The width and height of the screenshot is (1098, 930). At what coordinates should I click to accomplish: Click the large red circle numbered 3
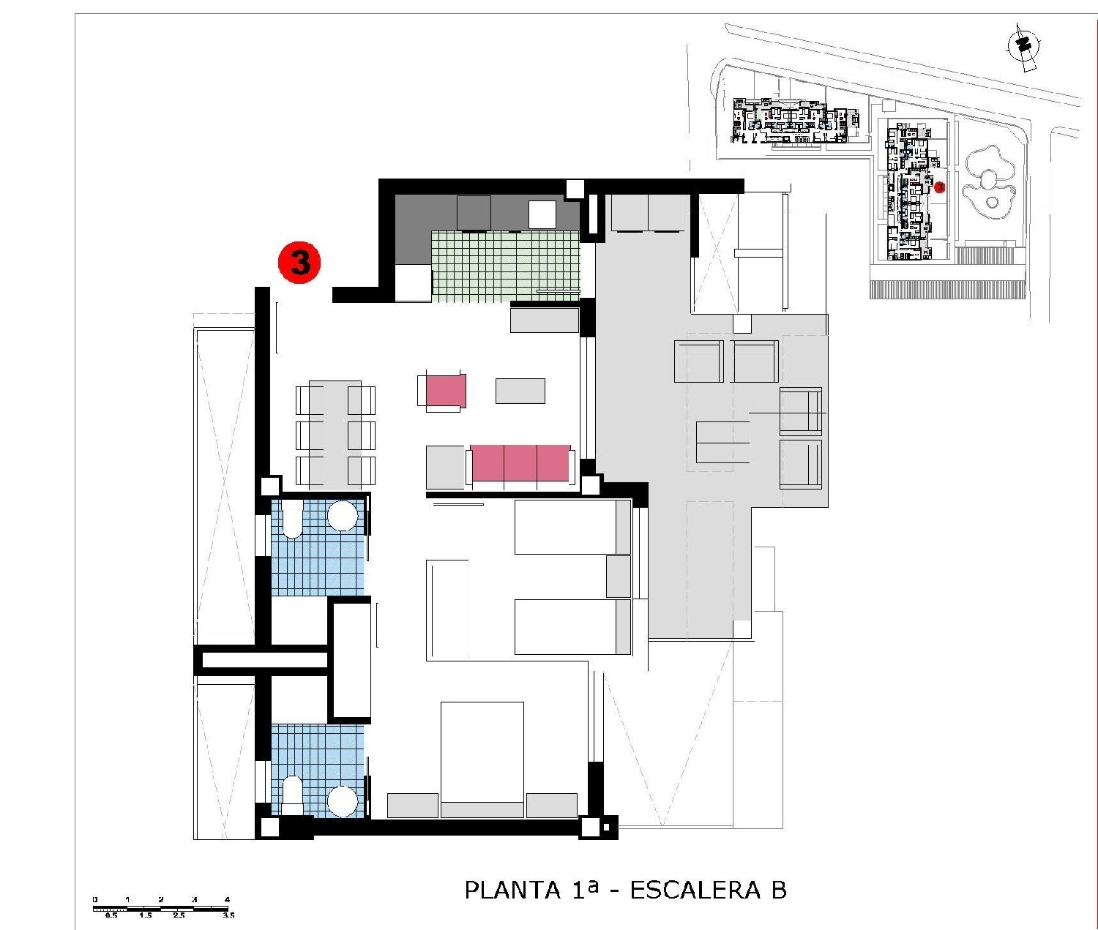(299, 262)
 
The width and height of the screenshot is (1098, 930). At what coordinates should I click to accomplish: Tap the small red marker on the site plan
(940, 187)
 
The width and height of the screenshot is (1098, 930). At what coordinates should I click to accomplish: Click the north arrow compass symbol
(1023, 46)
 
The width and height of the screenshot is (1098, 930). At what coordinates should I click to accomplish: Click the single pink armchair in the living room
(442, 391)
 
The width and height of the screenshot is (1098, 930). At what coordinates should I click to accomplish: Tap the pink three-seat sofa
(520, 464)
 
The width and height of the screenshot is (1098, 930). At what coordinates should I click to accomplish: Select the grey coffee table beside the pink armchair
(520, 391)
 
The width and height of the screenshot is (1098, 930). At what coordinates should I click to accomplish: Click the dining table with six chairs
(335, 434)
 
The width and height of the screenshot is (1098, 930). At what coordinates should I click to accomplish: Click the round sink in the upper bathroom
(343, 516)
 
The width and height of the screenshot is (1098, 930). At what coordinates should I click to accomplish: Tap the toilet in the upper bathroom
(292, 520)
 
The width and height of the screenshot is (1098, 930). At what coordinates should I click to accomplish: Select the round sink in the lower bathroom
(343, 801)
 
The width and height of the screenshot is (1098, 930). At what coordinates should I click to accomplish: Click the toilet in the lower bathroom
(292, 795)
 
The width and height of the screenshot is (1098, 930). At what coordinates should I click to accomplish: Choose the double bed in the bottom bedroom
(482, 757)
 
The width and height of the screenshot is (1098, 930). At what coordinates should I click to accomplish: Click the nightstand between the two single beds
(619, 576)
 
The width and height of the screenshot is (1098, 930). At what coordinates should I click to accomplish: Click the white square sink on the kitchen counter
(542, 214)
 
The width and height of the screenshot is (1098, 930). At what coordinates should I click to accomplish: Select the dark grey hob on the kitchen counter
(474, 213)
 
